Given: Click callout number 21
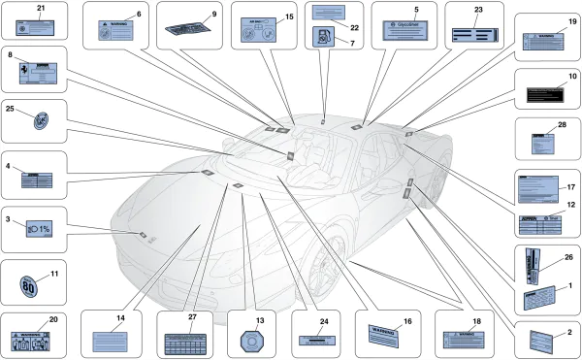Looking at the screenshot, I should pos(41,8).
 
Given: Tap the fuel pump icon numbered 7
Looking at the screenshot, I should pos(321,39).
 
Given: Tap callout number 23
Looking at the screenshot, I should pos(478,8).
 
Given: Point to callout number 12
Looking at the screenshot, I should pos(571,205).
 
